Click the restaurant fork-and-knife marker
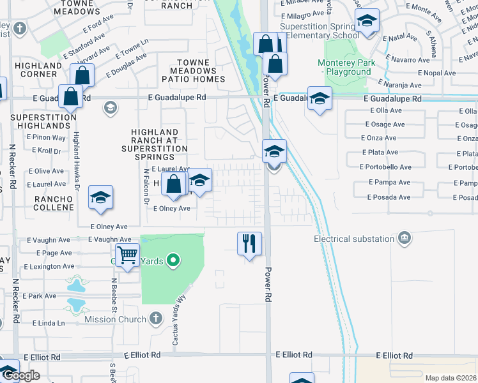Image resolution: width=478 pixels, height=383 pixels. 249,243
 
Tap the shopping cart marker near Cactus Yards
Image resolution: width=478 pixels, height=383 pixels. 128,255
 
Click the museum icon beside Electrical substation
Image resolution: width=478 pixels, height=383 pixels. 404,239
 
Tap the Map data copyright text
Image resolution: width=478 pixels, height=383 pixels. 451,378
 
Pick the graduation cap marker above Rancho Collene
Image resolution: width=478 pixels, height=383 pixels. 100,198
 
